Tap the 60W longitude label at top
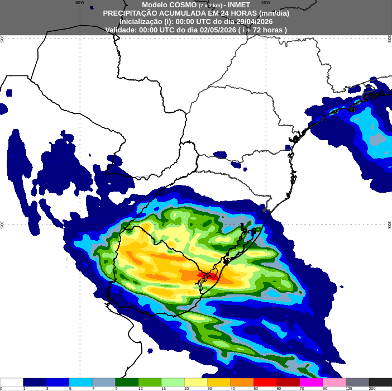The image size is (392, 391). (x=80, y=2)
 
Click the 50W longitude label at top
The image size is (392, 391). (x=266, y=2)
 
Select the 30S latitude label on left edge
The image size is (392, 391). (x=2, y=225)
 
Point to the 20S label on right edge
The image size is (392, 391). (x=390, y=38)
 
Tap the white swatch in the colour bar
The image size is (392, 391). (x=12, y=383)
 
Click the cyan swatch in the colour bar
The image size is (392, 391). (x=80, y=383)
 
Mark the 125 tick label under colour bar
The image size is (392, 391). (x=348, y=388)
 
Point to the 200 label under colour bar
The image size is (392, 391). (x=371, y=388)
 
